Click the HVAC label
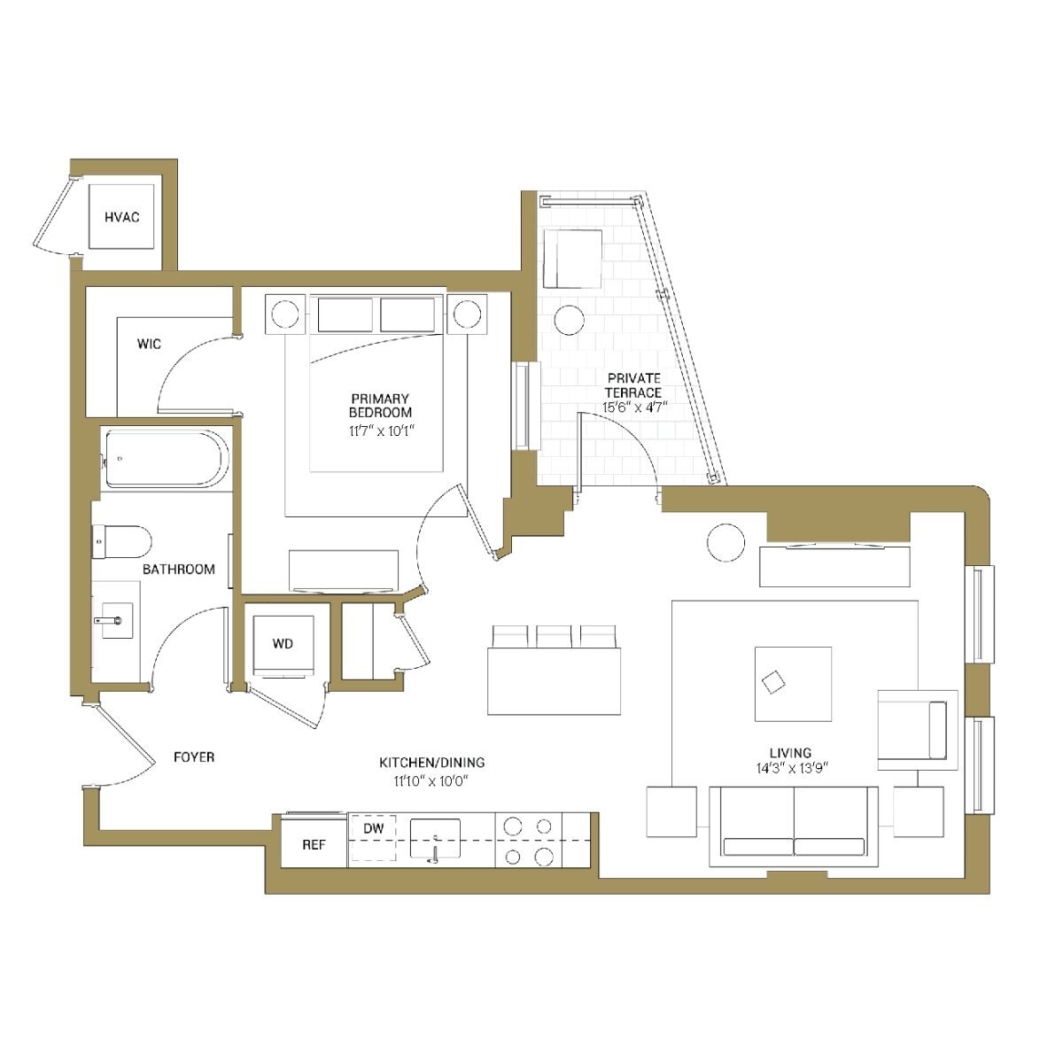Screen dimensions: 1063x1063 122,217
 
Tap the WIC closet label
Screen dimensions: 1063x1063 149,344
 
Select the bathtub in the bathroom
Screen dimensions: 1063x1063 166,458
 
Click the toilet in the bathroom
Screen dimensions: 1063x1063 121,540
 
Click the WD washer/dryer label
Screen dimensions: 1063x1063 283,644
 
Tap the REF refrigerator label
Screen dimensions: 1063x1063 314,845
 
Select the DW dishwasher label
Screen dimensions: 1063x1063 373,828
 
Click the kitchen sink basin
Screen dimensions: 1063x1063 435,837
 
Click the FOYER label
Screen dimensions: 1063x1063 193,757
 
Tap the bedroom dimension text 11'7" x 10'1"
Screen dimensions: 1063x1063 380,431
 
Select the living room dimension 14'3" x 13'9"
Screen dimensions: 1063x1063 792,769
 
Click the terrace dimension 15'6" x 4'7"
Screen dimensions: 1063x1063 633,407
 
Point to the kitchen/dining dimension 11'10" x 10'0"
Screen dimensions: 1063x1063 431,780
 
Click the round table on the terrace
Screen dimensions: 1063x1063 569,320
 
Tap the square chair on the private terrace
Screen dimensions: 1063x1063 572,259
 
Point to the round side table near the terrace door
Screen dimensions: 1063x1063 726,541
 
